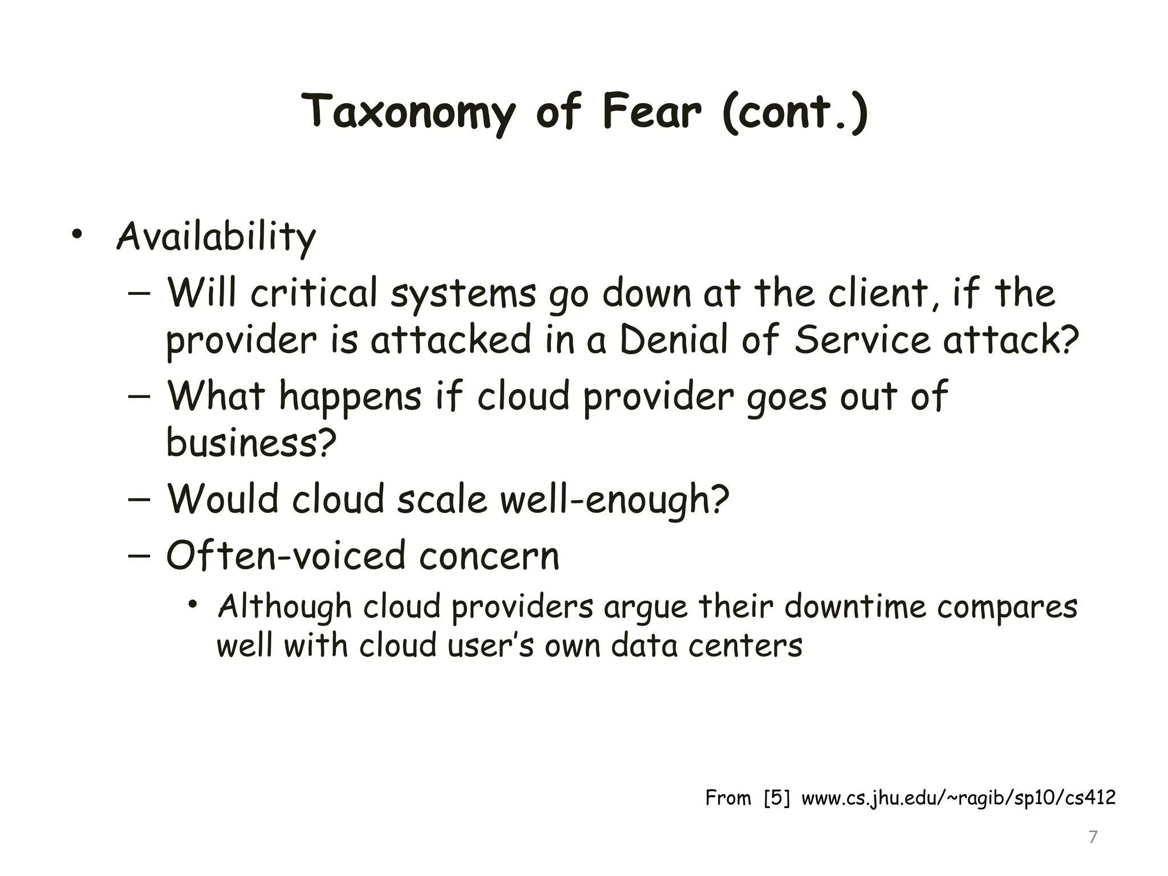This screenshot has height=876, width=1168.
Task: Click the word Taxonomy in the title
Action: point(408,112)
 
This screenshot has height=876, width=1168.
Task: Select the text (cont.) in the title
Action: point(795,112)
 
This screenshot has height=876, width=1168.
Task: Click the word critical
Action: point(314,293)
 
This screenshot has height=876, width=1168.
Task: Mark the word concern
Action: point(489,556)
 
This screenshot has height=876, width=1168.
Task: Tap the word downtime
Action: point(855,606)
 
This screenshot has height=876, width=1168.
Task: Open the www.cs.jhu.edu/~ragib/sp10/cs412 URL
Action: point(958,797)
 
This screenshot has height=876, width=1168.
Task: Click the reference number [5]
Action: point(777,797)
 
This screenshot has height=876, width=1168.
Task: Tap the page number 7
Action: point(1093,837)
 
